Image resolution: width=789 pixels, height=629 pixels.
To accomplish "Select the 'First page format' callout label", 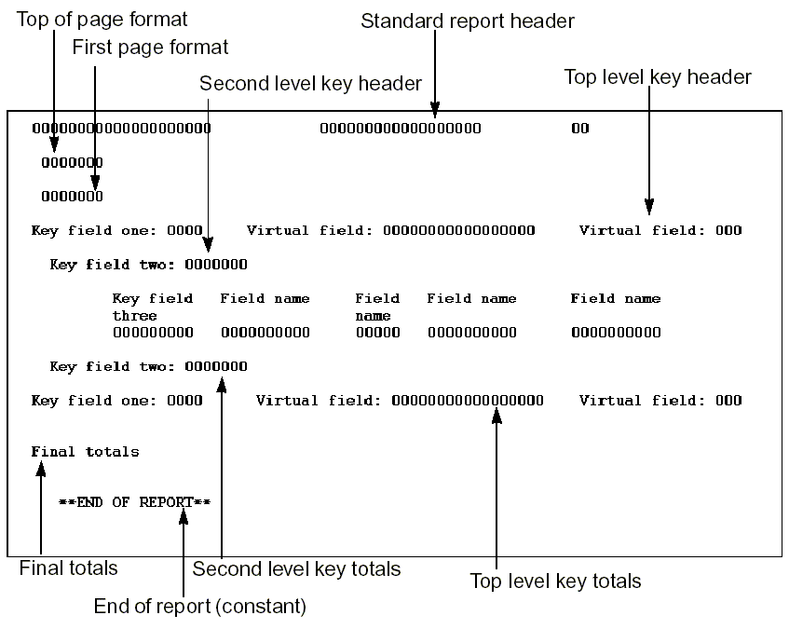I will (150, 47).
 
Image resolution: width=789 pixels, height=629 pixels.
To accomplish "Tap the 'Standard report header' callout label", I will (468, 20).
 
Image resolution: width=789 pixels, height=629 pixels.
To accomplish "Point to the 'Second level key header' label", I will (311, 84).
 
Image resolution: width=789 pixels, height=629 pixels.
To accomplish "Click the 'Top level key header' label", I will (658, 76).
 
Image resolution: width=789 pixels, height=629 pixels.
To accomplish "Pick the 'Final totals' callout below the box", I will (68, 567).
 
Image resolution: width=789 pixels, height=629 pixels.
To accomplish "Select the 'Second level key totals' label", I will (296, 568).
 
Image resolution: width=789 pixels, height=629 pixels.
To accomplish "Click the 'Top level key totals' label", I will (555, 581).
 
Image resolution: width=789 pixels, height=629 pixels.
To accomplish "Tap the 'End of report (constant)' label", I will (199, 607).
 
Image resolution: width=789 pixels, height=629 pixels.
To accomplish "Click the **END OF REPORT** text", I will (134, 502).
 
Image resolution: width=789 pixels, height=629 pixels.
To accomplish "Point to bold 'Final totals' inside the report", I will (85, 452).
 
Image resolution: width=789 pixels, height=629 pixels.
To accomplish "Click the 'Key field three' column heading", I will (152, 308).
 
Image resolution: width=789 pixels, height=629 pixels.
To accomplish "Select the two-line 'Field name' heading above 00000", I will (376, 308).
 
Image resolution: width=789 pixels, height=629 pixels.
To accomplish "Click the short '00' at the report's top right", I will (579, 129).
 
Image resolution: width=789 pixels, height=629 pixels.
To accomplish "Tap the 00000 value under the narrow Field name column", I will (377, 333).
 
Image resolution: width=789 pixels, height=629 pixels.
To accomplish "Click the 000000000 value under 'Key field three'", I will (153, 333).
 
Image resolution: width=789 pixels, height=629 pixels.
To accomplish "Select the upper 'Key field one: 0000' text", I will (116, 230).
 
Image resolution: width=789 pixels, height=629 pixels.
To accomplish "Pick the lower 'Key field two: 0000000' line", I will (149, 367).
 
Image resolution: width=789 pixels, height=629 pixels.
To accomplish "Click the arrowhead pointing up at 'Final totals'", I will (41, 471).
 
